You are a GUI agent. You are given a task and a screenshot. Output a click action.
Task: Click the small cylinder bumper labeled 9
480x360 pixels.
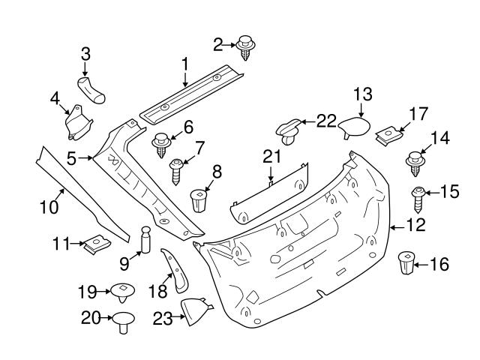[x=145, y=241]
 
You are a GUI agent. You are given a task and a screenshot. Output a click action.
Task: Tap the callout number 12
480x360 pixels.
[x=415, y=223]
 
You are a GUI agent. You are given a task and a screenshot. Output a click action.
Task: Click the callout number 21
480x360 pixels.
[x=271, y=156]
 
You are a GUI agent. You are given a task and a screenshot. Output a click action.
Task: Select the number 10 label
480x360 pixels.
[x=49, y=205]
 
